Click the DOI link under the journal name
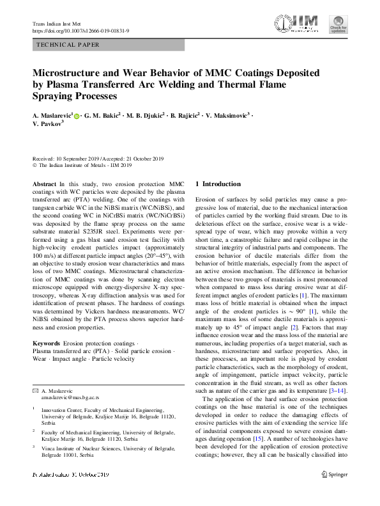coord(81,31)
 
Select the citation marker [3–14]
coord(337,391)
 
